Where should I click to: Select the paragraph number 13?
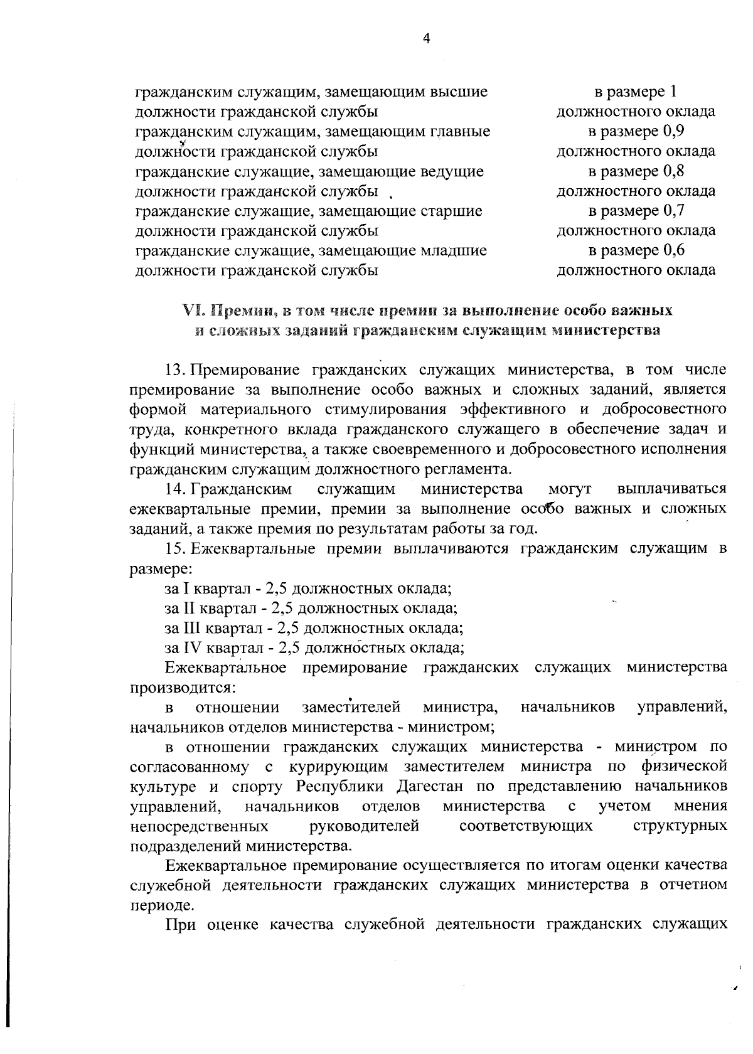173,370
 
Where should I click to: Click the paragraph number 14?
173,489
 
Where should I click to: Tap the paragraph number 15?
173,548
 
